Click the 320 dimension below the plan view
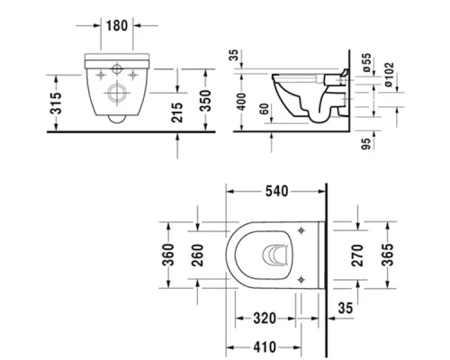pyautogui.click(x=265, y=318)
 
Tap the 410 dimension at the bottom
pyautogui.click(x=265, y=346)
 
